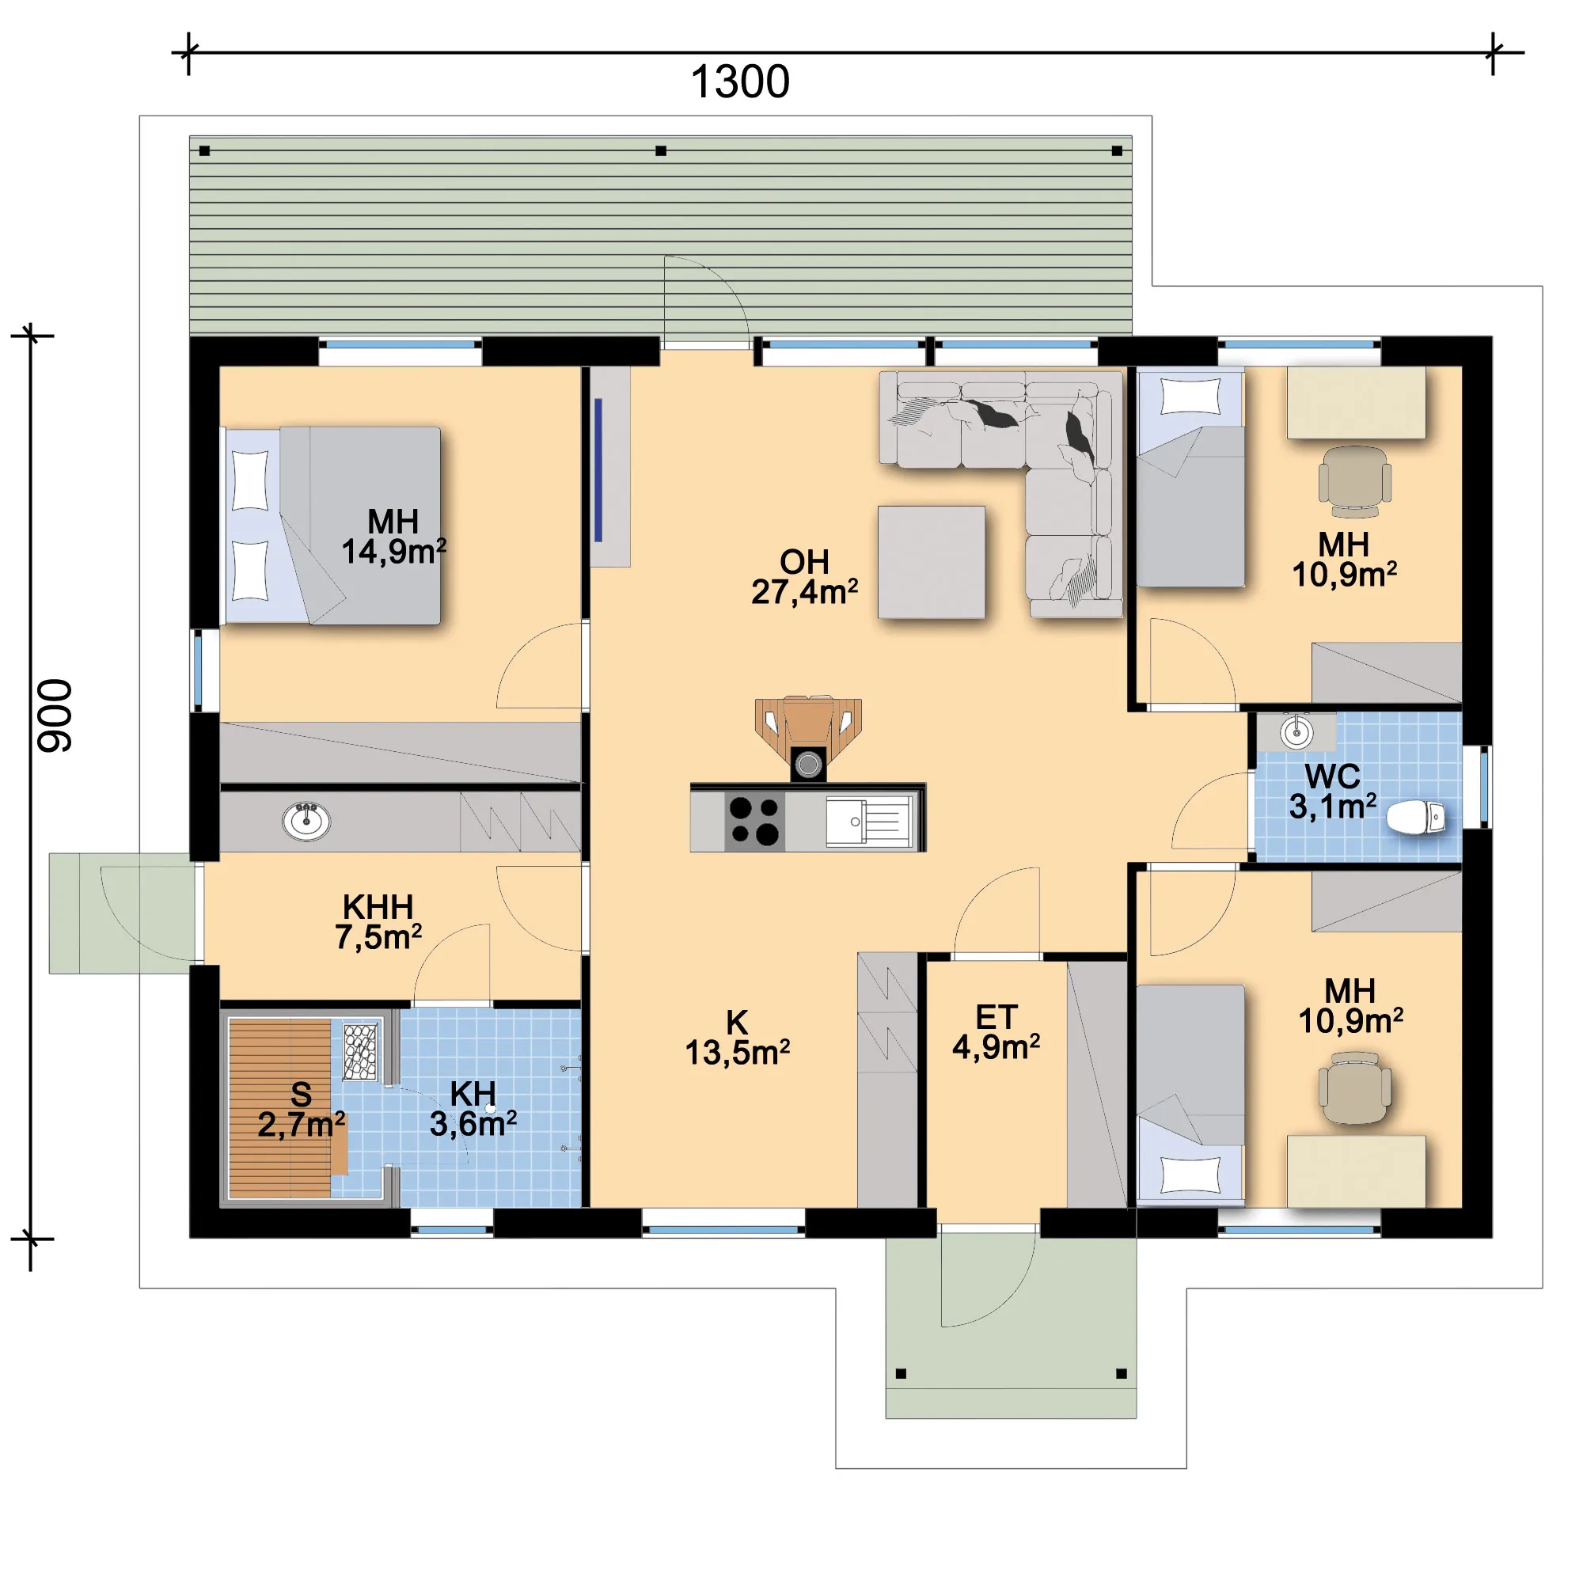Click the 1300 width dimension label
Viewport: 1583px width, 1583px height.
740,82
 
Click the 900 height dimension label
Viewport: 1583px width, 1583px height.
55,716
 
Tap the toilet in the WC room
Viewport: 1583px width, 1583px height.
1416,818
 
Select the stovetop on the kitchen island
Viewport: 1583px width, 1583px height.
754,821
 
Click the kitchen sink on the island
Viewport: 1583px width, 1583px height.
868,821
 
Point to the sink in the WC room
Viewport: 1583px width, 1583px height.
1296,731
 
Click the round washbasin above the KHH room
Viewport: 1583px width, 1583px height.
306,820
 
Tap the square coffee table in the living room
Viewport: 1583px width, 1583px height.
931,562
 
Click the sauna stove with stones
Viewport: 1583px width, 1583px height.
359,1051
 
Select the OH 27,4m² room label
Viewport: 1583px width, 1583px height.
805,577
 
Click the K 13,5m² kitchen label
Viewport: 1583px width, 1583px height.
738,1038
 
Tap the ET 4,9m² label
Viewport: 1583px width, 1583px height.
996,1032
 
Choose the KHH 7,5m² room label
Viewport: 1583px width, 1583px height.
378,922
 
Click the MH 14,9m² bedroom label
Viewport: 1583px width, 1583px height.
393,537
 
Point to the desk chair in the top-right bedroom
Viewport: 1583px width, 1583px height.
1354,481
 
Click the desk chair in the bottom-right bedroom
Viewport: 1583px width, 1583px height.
1354,1089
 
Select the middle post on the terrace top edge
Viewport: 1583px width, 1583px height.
661,150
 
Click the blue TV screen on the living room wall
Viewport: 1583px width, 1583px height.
598,470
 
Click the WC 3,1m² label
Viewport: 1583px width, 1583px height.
1333,791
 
